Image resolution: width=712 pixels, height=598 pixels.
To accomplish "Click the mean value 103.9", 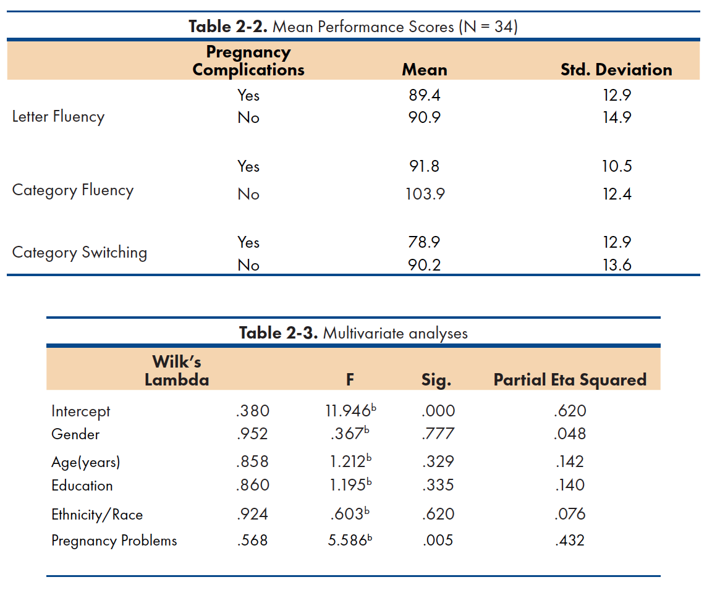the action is (x=425, y=194).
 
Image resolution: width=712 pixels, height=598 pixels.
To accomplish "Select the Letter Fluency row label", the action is (x=58, y=117).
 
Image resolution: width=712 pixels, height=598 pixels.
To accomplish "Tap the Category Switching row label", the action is (x=80, y=253).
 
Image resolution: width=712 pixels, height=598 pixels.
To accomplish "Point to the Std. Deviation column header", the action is (x=616, y=70).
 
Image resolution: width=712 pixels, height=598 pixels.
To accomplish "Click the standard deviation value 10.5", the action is (x=617, y=167).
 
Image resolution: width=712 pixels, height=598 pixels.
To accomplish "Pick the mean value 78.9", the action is (x=424, y=242).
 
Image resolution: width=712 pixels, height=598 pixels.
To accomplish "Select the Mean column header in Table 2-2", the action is (x=425, y=70).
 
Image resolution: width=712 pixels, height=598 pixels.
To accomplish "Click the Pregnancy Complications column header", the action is (x=248, y=61).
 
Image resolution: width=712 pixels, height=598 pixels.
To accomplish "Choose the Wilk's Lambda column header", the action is (x=177, y=371).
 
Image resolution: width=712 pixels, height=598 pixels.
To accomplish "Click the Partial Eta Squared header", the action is (x=570, y=380).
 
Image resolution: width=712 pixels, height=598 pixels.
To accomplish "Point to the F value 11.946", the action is (x=350, y=411).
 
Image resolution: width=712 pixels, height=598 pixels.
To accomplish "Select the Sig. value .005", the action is (x=438, y=541).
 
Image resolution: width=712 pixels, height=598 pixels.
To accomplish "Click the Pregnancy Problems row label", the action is (x=114, y=541).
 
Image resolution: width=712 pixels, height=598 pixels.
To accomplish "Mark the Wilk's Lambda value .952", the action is (x=252, y=434).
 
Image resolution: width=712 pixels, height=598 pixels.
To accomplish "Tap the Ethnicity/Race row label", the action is (x=97, y=515).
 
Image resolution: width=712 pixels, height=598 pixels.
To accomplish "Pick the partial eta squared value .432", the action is (x=570, y=541).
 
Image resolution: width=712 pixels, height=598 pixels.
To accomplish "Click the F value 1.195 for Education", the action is (x=350, y=484).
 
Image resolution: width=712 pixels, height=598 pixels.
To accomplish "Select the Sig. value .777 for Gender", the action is (x=438, y=434).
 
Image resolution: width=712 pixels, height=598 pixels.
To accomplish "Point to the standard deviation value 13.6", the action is (x=617, y=265).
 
